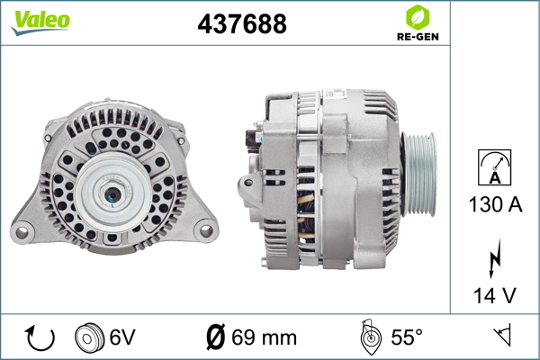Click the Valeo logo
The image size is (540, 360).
[40, 22]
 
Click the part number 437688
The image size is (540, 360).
[242, 23]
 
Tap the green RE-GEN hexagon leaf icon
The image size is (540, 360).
[418, 17]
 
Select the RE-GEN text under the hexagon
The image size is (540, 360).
[418, 37]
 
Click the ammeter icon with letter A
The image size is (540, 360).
[494, 167]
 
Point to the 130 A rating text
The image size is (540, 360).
[495, 204]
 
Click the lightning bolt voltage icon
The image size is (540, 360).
[495, 258]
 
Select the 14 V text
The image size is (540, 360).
[495, 295]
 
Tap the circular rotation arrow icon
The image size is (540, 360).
[40, 337]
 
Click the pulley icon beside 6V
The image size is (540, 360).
[89, 337]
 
